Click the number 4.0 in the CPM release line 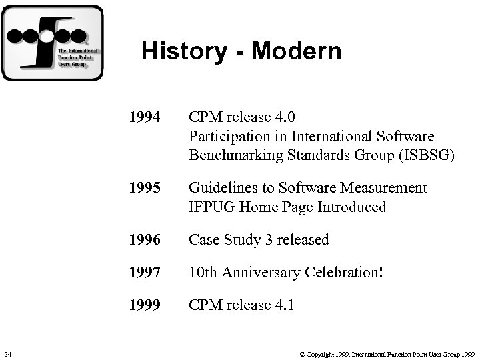coord(283,118)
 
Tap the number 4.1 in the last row coord(283,305)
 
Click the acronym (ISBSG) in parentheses coord(427,155)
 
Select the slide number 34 coord(7,352)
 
